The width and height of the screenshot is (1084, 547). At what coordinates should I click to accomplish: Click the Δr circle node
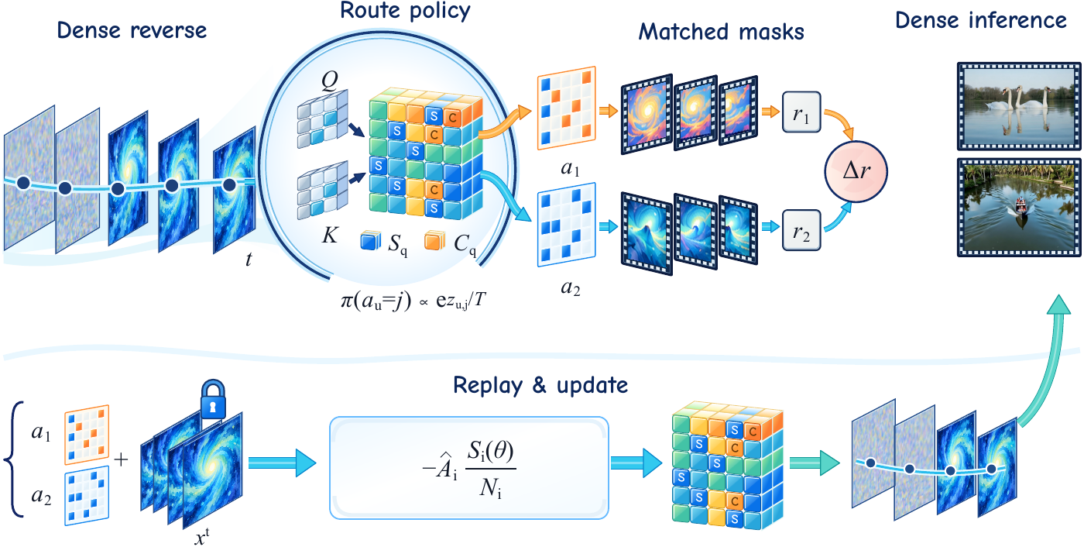[856, 171]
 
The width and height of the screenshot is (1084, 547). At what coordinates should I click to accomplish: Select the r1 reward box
[801, 112]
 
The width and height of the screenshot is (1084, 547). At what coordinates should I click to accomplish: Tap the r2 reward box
[801, 230]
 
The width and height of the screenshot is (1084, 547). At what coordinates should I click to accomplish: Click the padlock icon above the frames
[213, 398]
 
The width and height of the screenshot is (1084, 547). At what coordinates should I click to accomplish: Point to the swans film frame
[1019, 106]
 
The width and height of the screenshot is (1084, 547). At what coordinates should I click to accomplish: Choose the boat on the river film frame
[1019, 207]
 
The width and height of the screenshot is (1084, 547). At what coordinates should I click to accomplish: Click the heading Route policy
[405, 11]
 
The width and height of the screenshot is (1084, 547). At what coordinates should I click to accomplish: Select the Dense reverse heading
[132, 30]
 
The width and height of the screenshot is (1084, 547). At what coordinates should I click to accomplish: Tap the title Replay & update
[540, 385]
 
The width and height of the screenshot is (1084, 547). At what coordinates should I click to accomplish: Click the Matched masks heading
[721, 32]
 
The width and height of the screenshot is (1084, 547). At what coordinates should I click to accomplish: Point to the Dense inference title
[981, 20]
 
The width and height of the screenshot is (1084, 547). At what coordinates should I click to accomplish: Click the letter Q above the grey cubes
[330, 81]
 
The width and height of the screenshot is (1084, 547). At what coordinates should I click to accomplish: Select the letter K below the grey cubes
[330, 236]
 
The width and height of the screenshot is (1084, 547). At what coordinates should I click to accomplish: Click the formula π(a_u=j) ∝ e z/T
[413, 301]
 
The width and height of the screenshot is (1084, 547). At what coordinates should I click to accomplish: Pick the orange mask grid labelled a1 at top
[566, 108]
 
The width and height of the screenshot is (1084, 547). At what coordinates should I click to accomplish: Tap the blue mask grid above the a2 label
[566, 224]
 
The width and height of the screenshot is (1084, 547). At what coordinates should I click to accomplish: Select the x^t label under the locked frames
[202, 536]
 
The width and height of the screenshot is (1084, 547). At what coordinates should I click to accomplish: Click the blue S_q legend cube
[371, 241]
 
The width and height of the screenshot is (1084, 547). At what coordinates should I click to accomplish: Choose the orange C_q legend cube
[434, 241]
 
